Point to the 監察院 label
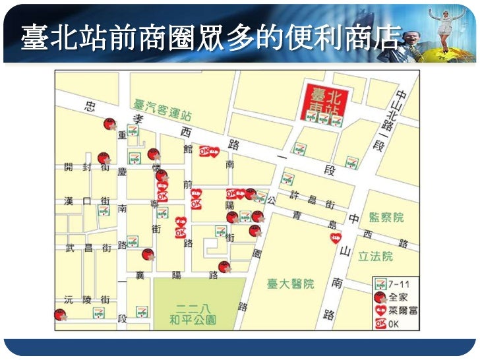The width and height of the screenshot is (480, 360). (386, 217)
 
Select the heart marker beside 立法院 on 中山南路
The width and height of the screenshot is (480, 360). (335, 237)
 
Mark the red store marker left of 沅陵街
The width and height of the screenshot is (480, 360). (60, 315)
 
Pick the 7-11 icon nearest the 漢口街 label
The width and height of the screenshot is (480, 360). (104, 211)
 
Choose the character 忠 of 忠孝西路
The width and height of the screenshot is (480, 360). (90, 106)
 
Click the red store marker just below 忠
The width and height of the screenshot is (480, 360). (109, 125)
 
